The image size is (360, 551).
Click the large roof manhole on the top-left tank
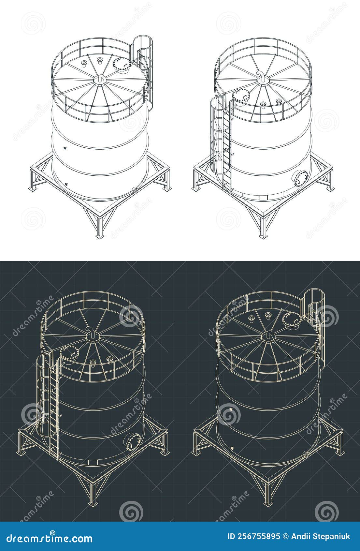122,64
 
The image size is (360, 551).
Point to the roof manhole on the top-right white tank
241,95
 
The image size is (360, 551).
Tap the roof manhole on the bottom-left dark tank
69,353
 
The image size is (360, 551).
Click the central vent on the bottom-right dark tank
269,335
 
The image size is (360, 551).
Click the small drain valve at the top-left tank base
135,190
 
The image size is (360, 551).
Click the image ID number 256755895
259,537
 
